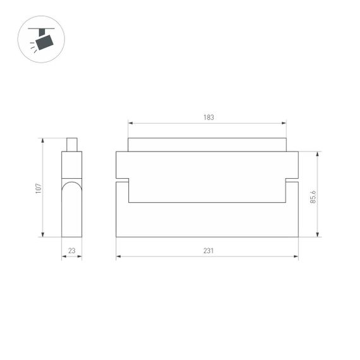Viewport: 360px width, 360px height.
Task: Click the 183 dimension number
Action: pos(208,117)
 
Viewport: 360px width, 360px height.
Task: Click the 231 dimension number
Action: pos(208,251)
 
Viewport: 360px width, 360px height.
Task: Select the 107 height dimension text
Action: pos(39,188)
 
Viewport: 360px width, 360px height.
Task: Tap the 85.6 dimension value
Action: pos(313,197)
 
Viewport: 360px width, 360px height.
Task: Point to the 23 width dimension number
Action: pos(71,251)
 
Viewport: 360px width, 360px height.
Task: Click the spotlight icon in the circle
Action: pos(42,39)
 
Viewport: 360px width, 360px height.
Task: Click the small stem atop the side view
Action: pos(71,145)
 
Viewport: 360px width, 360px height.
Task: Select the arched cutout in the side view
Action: pos(71,189)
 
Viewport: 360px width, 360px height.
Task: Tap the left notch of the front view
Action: pos(123,181)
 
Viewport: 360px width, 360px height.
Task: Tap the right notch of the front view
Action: pos(292,181)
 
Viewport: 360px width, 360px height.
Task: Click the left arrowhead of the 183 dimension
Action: pos(130,123)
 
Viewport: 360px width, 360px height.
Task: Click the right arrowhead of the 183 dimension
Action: pos(284,123)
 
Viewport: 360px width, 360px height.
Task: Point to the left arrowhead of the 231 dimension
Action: pos(119,256)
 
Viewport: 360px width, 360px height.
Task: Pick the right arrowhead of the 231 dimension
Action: pos(296,256)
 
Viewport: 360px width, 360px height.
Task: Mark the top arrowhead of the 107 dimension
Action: pos(42,141)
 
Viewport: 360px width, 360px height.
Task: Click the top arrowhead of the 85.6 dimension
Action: pos(318,154)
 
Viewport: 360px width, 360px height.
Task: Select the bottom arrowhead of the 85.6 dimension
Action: pos(318,234)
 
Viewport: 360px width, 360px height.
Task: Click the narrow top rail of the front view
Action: pos(207,145)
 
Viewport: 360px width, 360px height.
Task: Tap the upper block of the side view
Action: pos(71,164)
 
